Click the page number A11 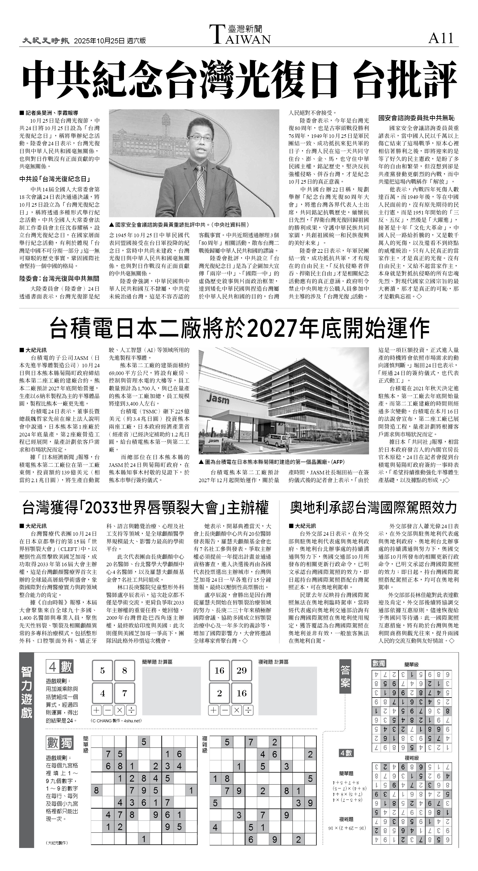441,38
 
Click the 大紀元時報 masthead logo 46,41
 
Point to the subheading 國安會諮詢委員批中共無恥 416,118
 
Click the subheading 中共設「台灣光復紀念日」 54,179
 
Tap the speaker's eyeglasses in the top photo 201,138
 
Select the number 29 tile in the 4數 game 241,671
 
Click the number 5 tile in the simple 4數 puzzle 103,671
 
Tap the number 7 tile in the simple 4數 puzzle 124,694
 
